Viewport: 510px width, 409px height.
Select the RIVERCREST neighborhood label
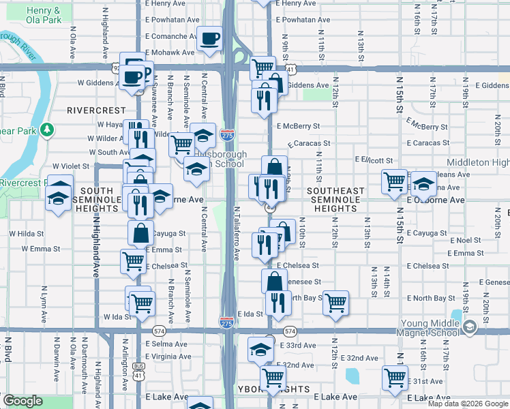(x=96, y=110)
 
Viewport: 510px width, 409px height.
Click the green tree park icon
(x=46, y=129)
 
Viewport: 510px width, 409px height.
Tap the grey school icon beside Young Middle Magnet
(x=468, y=328)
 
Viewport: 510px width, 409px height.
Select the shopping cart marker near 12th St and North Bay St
(x=335, y=303)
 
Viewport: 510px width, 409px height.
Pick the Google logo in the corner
(x=22, y=402)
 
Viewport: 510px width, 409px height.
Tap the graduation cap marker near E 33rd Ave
(x=260, y=349)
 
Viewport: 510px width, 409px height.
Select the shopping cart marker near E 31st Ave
(x=395, y=378)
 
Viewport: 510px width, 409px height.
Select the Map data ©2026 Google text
(x=467, y=404)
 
